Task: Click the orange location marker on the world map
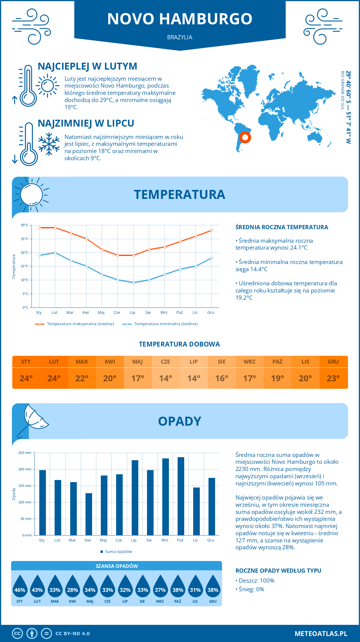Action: [x=245, y=137]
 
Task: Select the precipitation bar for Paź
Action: [x=181, y=496]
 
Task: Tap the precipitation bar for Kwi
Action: [x=89, y=514]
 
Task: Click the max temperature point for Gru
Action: [x=211, y=230]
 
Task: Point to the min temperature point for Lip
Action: [x=133, y=283]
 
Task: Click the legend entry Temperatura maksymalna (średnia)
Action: [x=75, y=324]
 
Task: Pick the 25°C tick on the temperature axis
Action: [x=25, y=239]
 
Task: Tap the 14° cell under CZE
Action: [x=166, y=378]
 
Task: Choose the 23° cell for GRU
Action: [x=333, y=378]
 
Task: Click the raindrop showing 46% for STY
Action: [x=20, y=586]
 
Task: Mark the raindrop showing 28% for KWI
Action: [x=73, y=586]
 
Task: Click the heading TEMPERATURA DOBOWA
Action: [x=179, y=344]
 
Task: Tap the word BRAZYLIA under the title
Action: [x=180, y=37]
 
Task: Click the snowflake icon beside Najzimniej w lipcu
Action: [x=49, y=144]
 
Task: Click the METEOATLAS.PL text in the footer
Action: [x=321, y=634]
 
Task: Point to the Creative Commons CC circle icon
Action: [x=17, y=634]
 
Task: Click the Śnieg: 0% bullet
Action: [x=250, y=589]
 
